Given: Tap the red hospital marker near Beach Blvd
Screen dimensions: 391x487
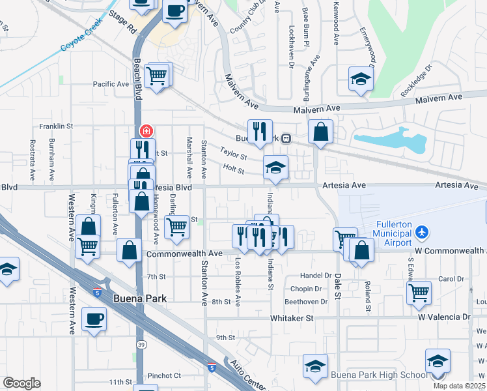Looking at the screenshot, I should [x=145, y=130].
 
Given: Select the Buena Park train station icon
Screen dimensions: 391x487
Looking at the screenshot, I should [x=286, y=138].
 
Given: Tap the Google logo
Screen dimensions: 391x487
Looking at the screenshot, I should [x=21, y=383].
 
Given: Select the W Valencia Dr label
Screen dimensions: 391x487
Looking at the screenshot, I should [x=444, y=317].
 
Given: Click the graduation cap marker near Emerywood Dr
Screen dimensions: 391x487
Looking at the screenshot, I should [x=359, y=79].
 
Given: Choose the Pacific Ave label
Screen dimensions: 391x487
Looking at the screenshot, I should [x=111, y=84].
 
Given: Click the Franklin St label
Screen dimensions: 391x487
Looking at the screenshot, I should [x=55, y=126].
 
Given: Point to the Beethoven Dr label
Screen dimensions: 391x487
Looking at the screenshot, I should [x=306, y=302].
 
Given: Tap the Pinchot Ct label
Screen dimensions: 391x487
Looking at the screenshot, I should [x=164, y=375].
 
